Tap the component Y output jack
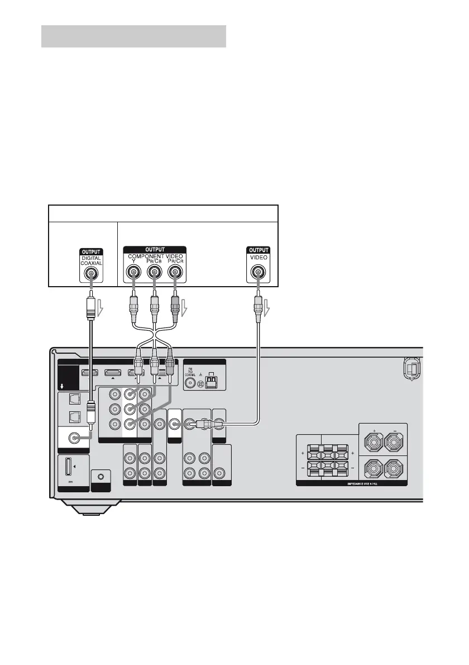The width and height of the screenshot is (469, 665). [133, 273]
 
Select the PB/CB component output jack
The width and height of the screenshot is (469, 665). [155, 273]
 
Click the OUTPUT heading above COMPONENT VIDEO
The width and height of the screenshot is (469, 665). [155, 250]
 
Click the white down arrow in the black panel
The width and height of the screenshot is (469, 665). [61, 386]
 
